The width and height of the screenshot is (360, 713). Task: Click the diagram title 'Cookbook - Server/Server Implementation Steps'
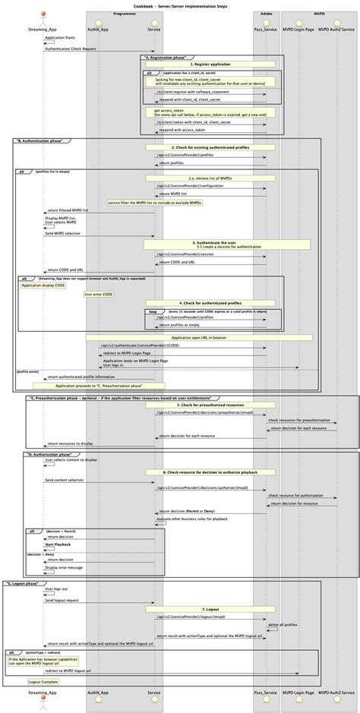pos(180,4)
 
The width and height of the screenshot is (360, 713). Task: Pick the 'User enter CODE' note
pos(99,294)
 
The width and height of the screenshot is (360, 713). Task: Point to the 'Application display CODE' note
pos(43,286)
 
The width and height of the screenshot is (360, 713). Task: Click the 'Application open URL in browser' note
pos(209,337)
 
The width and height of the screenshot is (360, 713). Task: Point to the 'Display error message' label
pos(64,566)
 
